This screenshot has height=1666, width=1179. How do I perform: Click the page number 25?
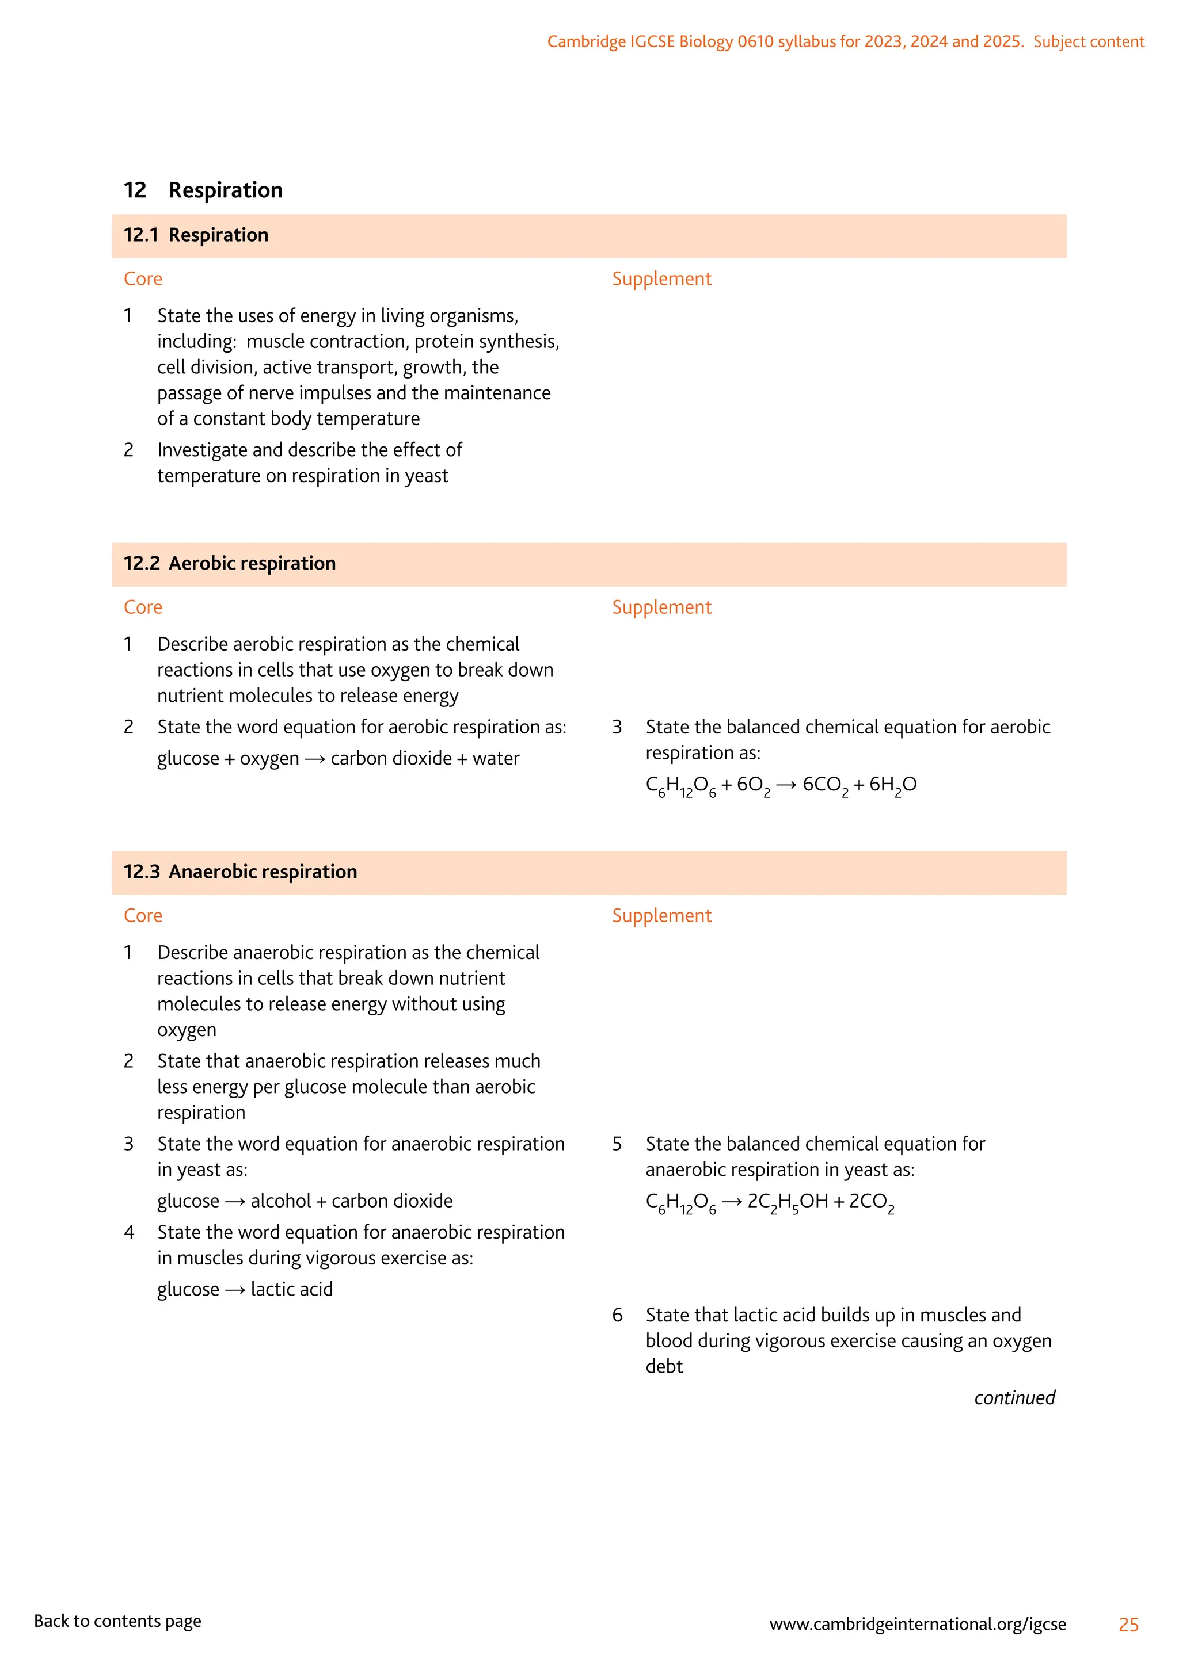pos(1128,1624)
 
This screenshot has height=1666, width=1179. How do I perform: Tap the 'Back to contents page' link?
pos(117,1621)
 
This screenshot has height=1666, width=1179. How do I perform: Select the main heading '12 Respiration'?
pos(203,190)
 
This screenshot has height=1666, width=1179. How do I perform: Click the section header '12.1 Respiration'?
pos(196,235)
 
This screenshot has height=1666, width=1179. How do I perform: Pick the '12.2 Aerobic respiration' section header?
pos(230,564)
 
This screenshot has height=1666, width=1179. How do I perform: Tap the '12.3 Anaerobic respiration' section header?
pos(240,872)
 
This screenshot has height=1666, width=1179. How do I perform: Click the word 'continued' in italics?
pos(1014,1397)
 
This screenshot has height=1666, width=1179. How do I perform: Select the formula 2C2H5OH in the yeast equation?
pos(788,1202)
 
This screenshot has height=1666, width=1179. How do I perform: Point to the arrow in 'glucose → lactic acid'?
pos(234,1289)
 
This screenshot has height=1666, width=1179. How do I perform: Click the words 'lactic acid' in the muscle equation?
pos(292,1289)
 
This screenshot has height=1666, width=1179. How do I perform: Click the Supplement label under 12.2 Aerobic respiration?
pos(661,607)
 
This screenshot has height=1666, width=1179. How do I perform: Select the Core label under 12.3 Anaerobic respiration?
pos(143,916)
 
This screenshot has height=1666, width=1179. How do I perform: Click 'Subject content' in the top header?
pos(1088,41)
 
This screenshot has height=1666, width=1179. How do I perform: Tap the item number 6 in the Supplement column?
pos(617,1315)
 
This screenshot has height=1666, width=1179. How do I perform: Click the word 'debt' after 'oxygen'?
pos(664,1366)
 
